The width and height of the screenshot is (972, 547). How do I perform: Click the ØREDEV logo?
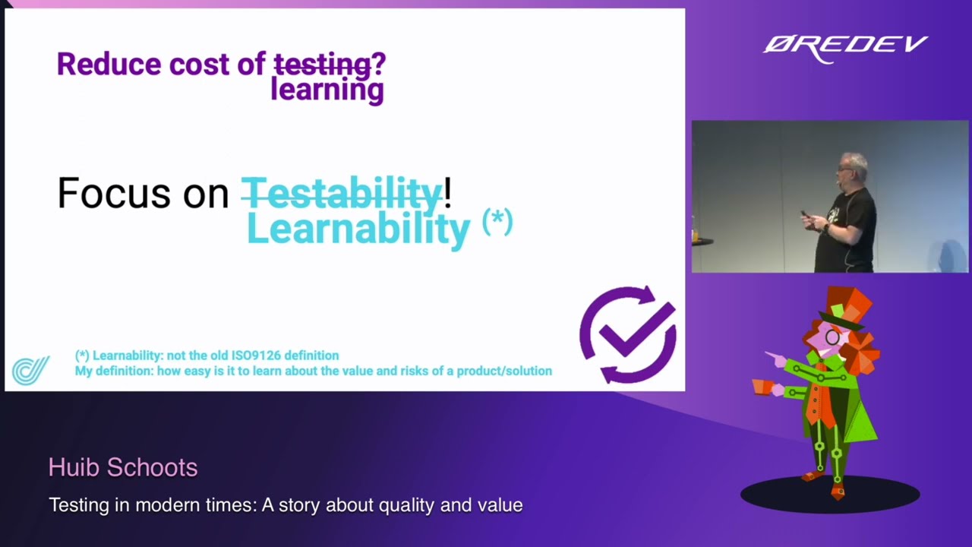844,47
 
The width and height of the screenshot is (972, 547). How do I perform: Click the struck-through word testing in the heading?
321,64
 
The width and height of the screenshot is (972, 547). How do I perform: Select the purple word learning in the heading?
327,90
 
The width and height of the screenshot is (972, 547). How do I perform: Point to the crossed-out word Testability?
342,193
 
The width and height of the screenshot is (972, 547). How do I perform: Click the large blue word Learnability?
358,229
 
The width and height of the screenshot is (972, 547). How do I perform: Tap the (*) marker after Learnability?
497,223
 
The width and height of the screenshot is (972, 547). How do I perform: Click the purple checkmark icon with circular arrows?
628,334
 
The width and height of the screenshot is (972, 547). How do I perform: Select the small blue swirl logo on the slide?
30,370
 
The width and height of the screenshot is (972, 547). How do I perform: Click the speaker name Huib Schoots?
123,467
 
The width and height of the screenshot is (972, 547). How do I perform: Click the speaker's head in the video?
854,168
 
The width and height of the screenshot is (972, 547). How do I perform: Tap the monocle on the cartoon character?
832,337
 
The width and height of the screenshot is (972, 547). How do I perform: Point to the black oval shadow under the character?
830,496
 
